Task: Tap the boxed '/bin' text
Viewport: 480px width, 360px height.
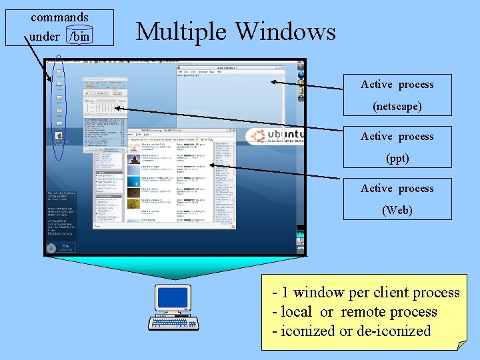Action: [79, 37]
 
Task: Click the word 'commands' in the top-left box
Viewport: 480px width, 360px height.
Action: [59, 17]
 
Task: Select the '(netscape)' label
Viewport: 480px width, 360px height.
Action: [397, 106]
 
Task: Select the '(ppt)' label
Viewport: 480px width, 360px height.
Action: [397, 158]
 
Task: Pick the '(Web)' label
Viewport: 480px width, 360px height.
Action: [397, 210]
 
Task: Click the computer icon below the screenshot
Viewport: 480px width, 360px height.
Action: [173, 307]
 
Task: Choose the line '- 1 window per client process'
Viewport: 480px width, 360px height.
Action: [366, 293]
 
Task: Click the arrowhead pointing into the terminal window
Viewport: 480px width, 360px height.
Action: [273, 83]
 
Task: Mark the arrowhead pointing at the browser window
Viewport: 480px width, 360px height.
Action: [213, 164]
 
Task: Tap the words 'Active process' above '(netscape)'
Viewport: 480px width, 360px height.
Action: [397, 85]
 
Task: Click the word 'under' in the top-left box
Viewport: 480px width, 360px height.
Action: [45, 37]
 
